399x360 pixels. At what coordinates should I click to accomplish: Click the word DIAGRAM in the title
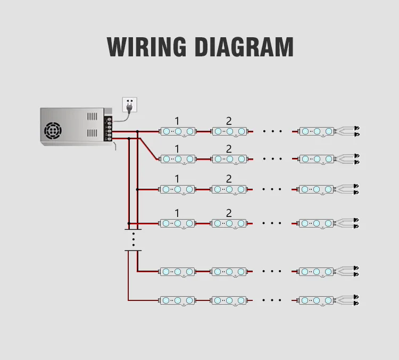(x=245, y=47)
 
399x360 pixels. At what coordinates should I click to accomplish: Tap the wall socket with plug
(x=130, y=105)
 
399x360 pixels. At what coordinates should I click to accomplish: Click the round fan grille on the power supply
(x=53, y=131)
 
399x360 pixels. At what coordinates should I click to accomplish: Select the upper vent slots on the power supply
(x=92, y=116)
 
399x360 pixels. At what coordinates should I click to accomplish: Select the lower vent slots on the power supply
(x=92, y=133)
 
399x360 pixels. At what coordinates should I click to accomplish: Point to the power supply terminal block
(x=109, y=129)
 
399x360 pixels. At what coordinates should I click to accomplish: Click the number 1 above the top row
(x=177, y=121)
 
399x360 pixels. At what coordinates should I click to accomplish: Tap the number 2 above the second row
(x=229, y=149)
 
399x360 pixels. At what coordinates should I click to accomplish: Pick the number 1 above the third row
(x=177, y=179)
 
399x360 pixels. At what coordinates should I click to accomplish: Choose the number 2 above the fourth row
(x=229, y=213)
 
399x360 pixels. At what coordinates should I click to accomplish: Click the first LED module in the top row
(x=178, y=131)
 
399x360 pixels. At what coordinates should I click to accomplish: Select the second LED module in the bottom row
(x=229, y=300)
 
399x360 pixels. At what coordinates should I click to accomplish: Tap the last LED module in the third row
(x=317, y=189)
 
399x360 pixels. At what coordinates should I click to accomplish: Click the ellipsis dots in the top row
(x=272, y=131)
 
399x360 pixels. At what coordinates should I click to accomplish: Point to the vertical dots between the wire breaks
(x=134, y=239)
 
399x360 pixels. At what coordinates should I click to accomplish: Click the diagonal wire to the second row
(x=148, y=149)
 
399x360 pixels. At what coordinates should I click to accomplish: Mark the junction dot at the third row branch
(x=137, y=189)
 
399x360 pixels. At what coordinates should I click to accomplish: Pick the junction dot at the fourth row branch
(x=129, y=223)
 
